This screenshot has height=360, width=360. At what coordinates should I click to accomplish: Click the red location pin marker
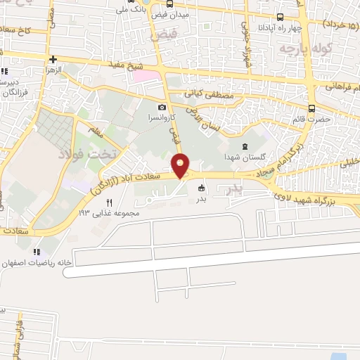181,164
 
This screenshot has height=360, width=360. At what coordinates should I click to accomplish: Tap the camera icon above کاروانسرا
162,108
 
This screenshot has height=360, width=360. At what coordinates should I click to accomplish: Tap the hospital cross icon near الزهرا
53,59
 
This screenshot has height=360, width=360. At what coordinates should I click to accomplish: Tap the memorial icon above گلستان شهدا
244,146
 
